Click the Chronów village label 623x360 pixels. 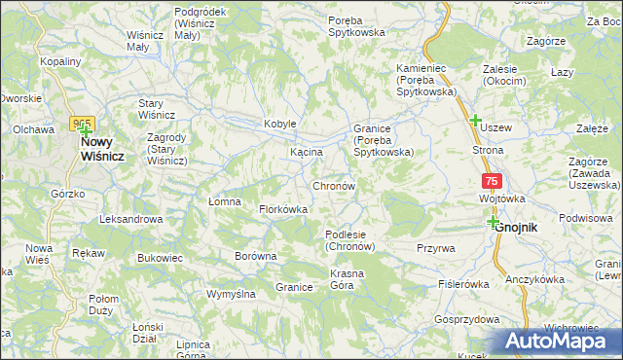click(x=338, y=185)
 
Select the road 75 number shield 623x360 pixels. click(x=492, y=182)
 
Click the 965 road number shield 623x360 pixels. click(x=81, y=124)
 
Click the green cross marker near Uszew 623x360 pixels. click(x=476, y=121)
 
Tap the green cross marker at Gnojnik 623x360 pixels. click(x=494, y=222)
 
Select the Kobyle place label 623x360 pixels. click(x=279, y=125)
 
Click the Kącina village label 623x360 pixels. click(x=306, y=154)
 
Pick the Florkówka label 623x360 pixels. click(x=283, y=209)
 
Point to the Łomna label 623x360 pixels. click(x=225, y=201)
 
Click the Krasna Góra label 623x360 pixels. click(x=347, y=279)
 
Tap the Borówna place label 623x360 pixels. click(x=256, y=257)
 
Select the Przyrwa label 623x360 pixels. click(x=435, y=248)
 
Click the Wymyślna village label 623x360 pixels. click(x=231, y=293)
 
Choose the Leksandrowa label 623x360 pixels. click(x=130, y=219)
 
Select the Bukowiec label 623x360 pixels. click(x=161, y=258)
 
